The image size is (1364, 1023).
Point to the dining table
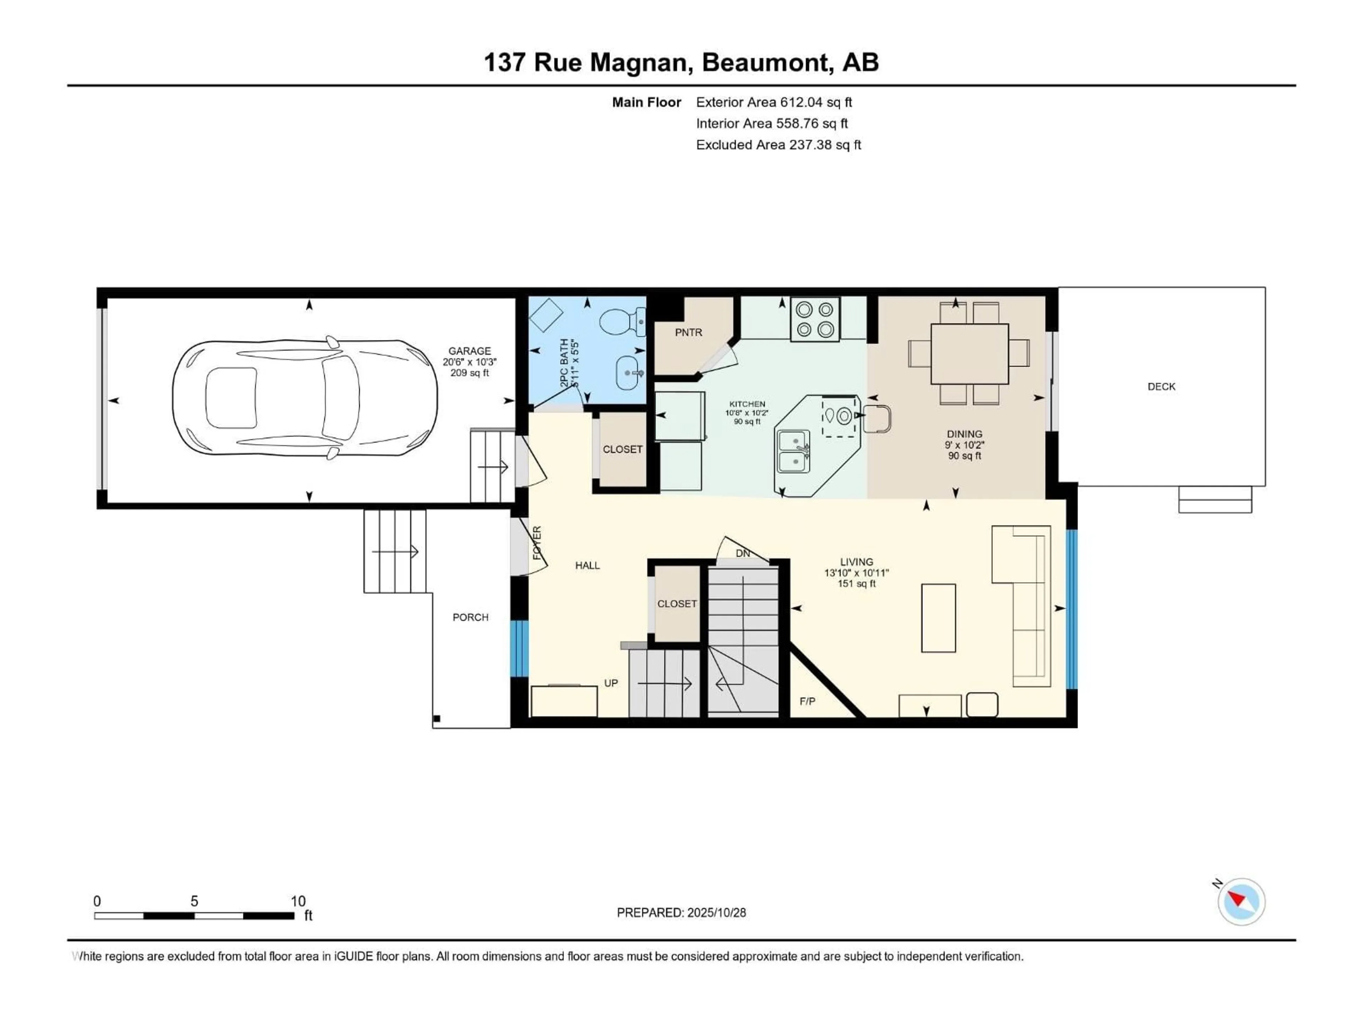(969, 354)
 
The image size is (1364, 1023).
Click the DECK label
(1161, 386)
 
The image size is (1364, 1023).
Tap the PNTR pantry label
(688, 332)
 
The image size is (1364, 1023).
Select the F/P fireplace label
(807, 701)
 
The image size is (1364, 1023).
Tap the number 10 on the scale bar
(298, 901)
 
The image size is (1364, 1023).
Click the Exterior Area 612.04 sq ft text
(774, 102)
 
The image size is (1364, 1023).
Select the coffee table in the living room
(938, 618)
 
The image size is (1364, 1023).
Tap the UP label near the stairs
(611, 683)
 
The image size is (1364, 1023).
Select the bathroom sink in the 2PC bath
(628, 373)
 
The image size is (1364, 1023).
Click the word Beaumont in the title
(765, 62)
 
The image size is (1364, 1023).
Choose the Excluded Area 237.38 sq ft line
(778, 145)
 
